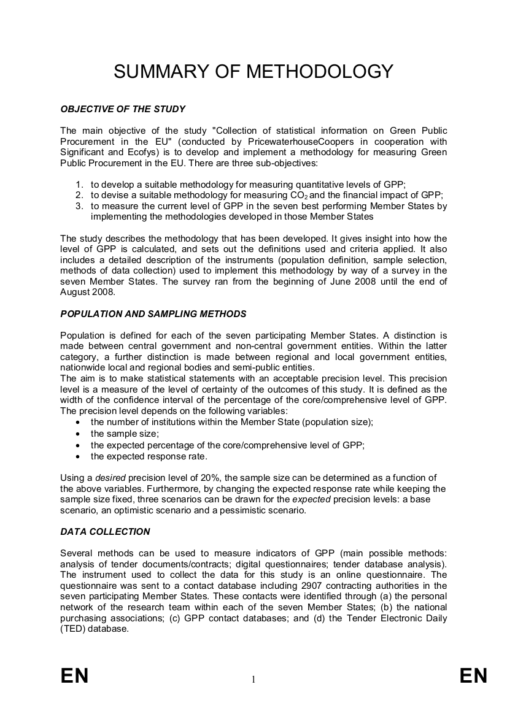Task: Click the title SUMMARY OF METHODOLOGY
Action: [253, 72]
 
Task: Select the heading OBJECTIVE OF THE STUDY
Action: [123, 109]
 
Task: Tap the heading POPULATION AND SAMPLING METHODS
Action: [153, 314]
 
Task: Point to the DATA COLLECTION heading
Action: [105, 532]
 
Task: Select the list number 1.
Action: [79, 184]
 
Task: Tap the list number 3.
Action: [79, 206]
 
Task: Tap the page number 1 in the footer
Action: [253, 679]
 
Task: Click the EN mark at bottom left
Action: [75, 676]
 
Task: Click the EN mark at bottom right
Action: [473, 676]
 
